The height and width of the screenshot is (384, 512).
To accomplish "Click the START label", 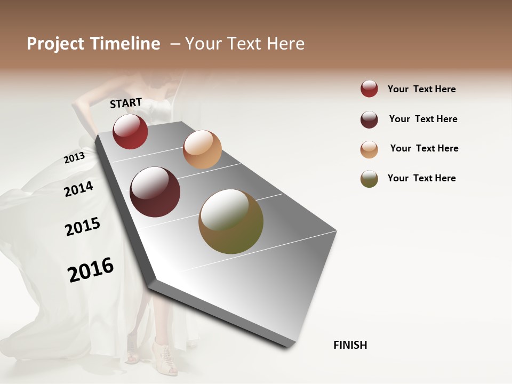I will (126, 103).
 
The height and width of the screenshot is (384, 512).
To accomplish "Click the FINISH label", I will (350, 345).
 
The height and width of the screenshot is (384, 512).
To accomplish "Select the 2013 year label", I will (74, 158).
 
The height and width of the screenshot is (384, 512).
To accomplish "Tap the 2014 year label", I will (78, 189).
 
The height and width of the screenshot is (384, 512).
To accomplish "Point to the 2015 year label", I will (83, 227).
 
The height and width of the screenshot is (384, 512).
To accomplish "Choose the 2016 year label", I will (91, 269).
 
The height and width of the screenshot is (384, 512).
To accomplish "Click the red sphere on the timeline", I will (130, 131).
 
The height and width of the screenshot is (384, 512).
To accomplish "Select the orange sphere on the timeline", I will (202, 149).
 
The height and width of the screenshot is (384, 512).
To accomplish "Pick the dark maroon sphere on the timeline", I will (155, 192).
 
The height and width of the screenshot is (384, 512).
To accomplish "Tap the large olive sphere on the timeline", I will (231, 221).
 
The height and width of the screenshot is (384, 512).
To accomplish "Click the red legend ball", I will (369, 89).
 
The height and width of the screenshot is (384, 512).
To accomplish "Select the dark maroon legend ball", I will (369, 119).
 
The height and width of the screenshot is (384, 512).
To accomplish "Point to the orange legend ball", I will (369, 149).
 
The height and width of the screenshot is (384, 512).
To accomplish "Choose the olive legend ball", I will (369, 179).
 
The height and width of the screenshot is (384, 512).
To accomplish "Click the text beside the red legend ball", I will (421, 89).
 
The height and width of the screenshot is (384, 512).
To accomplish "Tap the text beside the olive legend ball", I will (421, 178).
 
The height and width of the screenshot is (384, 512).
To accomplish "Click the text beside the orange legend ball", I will (424, 148).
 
